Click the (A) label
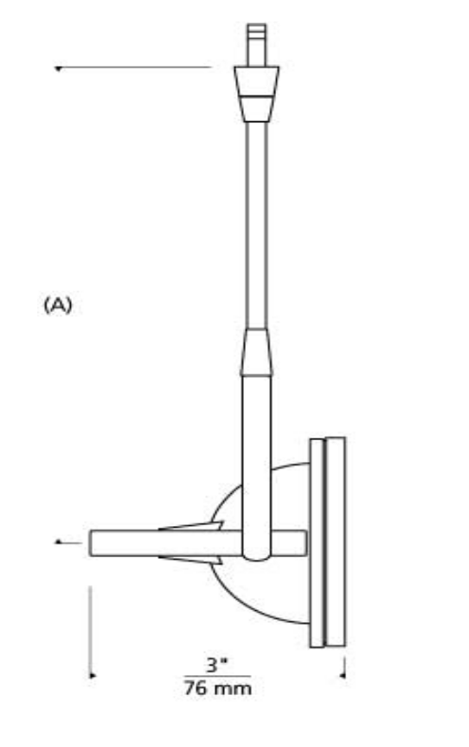[x=58, y=305]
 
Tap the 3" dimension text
[x=217, y=665]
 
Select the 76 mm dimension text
[x=218, y=688]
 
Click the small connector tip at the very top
[x=256, y=45]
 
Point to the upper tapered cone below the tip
[x=256, y=94]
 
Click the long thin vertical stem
[x=256, y=224]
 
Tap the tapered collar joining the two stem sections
[x=256, y=352]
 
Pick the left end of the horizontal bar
[x=90, y=543]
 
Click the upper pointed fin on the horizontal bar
[x=191, y=526]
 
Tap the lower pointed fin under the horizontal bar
[x=191, y=560]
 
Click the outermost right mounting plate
[x=336, y=542]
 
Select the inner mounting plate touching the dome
[x=317, y=543]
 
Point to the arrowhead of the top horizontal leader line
[x=58, y=68]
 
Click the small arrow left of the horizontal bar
[x=68, y=542]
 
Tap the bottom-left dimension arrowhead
[x=93, y=675]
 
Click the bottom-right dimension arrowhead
[x=343, y=675]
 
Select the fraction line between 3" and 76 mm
[x=217, y=676]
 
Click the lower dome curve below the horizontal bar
[x=247, y=604]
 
